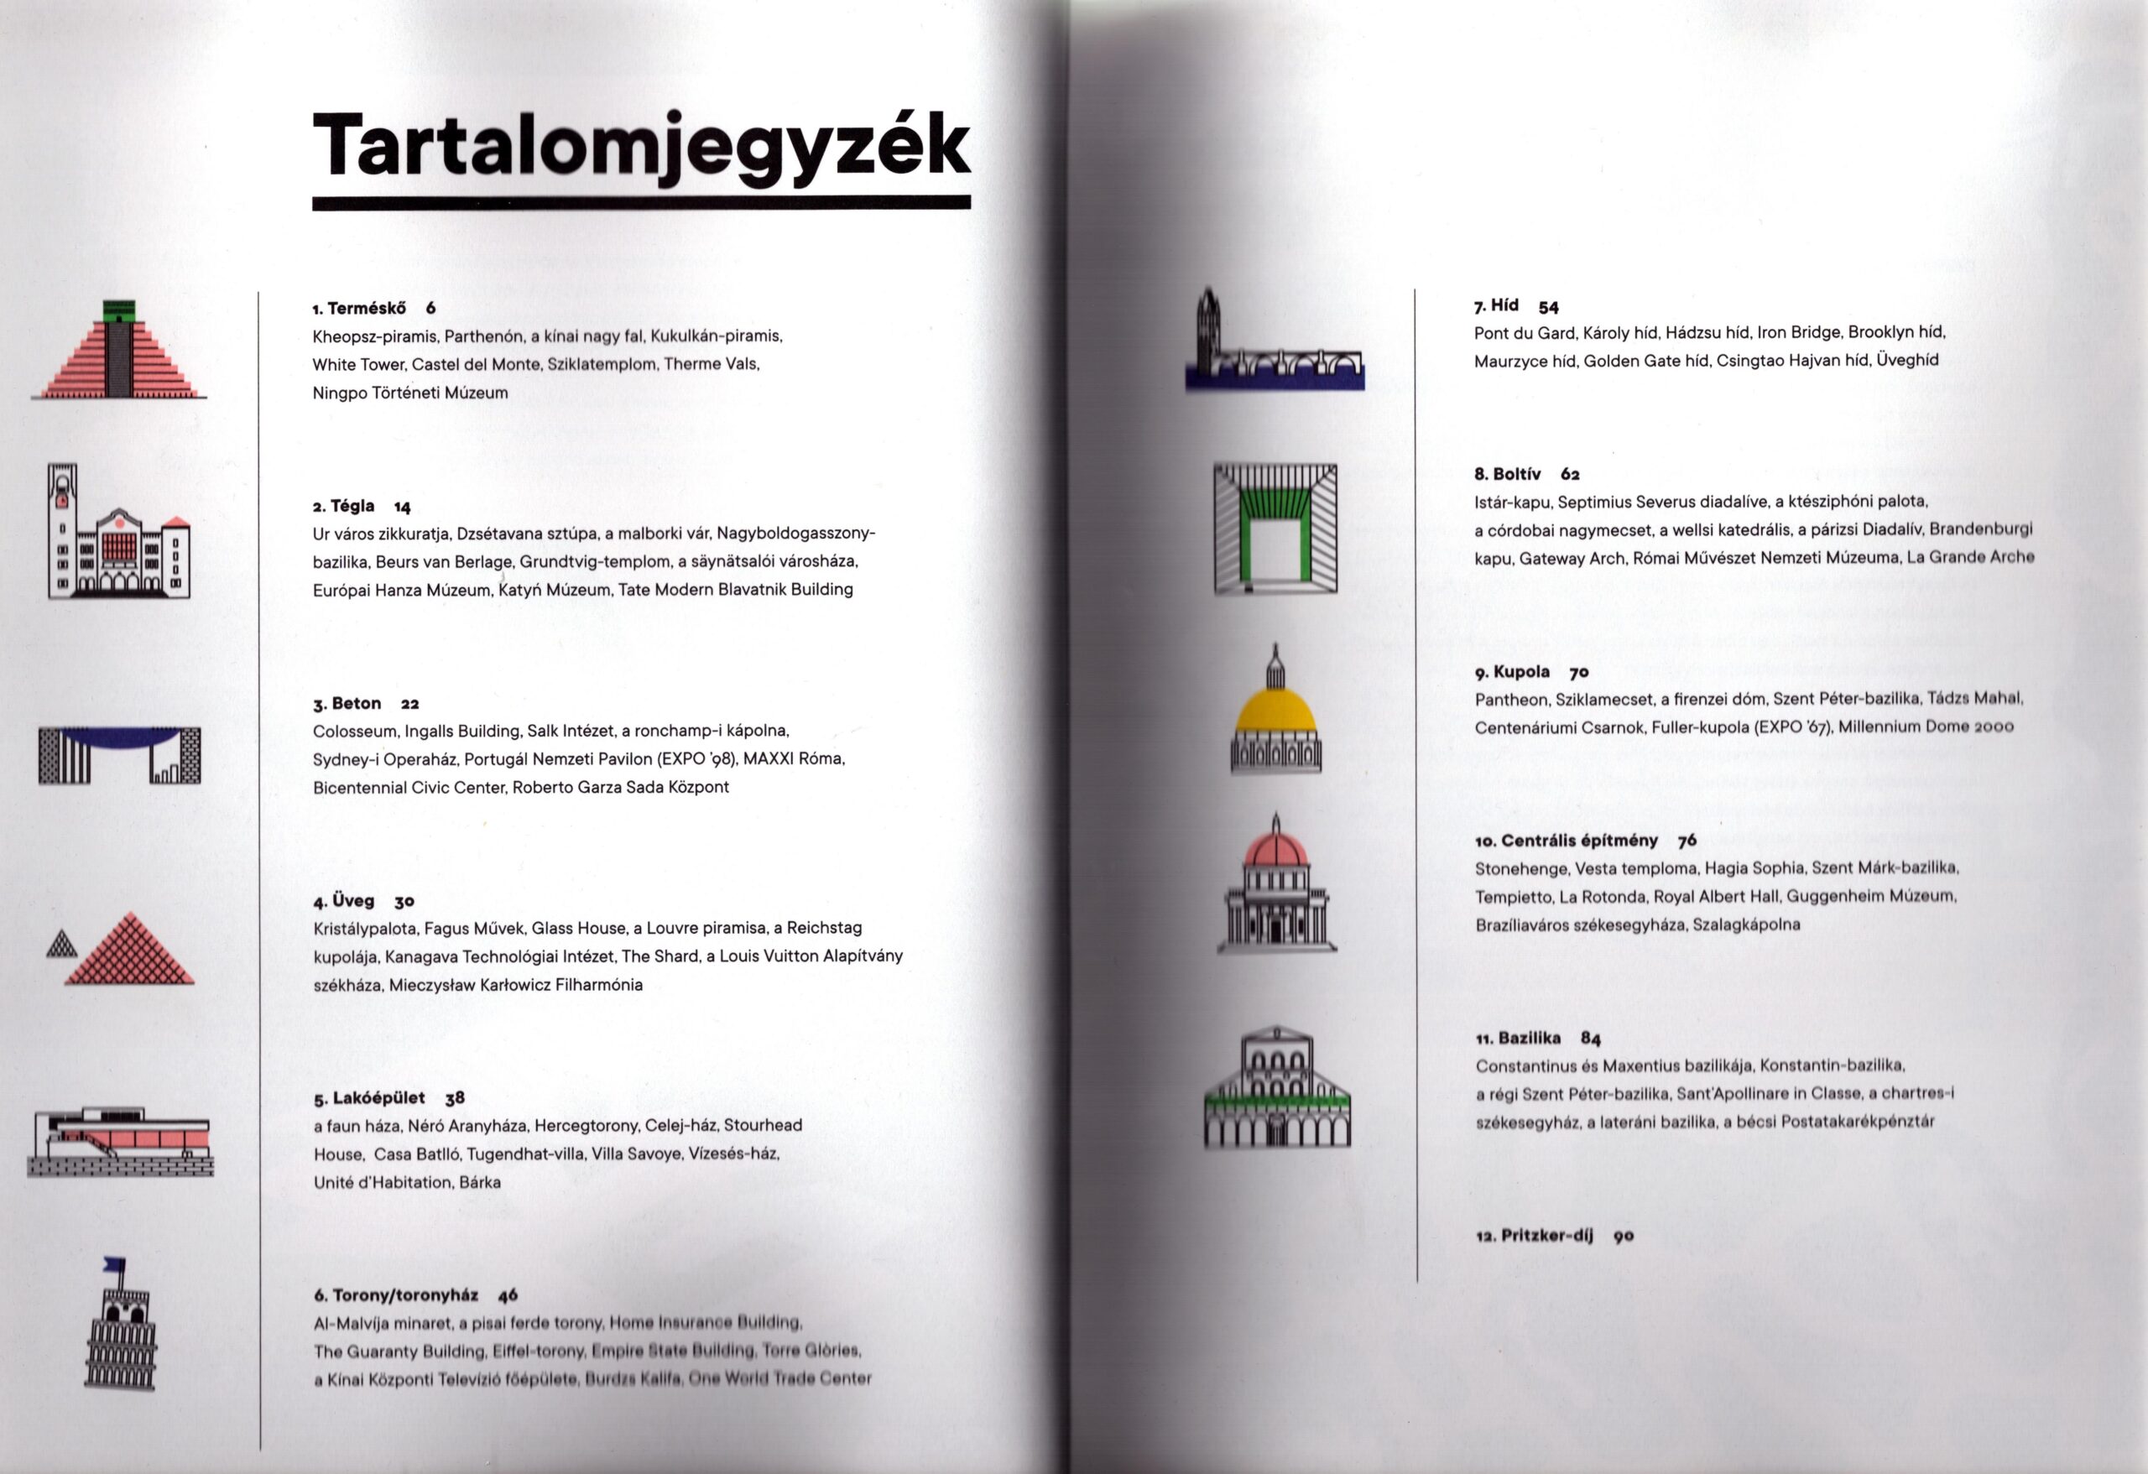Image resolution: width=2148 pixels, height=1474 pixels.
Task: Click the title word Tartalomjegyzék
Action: tap(640, 145)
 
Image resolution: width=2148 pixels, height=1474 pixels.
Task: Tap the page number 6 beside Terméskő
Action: tap(430, 308)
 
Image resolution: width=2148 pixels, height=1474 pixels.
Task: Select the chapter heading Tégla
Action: tap(352, 506)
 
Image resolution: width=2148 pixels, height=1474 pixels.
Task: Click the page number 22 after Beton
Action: tap(409, 703)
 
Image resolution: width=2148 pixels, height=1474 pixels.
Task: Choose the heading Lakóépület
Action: tap(378, 1098)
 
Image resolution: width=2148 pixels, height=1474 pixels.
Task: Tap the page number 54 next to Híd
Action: tap(1548, 307)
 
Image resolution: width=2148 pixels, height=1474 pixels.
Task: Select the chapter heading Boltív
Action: tap(1517, 474)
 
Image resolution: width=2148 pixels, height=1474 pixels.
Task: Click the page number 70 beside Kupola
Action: tap(1578, 672)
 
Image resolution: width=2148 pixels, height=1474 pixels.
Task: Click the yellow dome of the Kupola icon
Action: tap(1275, 713)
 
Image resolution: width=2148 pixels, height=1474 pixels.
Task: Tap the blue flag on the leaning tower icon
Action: tap(115, 1263)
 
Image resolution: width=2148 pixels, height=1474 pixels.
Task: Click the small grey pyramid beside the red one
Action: tap(62, 943)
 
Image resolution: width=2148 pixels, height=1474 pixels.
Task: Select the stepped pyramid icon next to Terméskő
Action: tap(118, 352)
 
